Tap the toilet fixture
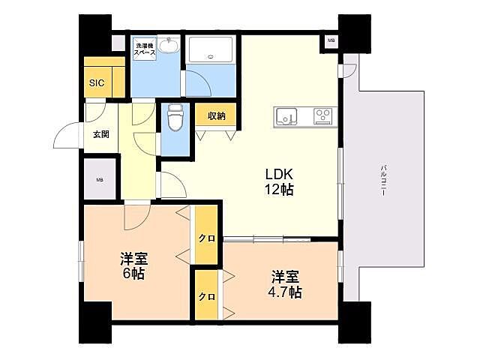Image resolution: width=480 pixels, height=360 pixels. click(175, 118)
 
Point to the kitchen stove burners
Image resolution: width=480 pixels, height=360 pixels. click(323, 116)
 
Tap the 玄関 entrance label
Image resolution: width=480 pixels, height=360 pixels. click(101, 134)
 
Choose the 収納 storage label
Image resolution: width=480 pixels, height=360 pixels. click(216, 115)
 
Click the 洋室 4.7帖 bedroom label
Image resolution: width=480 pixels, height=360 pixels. click(286, 283)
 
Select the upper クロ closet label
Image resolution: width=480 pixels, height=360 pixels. click(206, 238)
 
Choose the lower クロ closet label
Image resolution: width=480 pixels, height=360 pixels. click(206, 296)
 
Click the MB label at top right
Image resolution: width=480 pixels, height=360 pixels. click(331, 40)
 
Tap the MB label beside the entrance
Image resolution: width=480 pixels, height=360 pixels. click(100, 180)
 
